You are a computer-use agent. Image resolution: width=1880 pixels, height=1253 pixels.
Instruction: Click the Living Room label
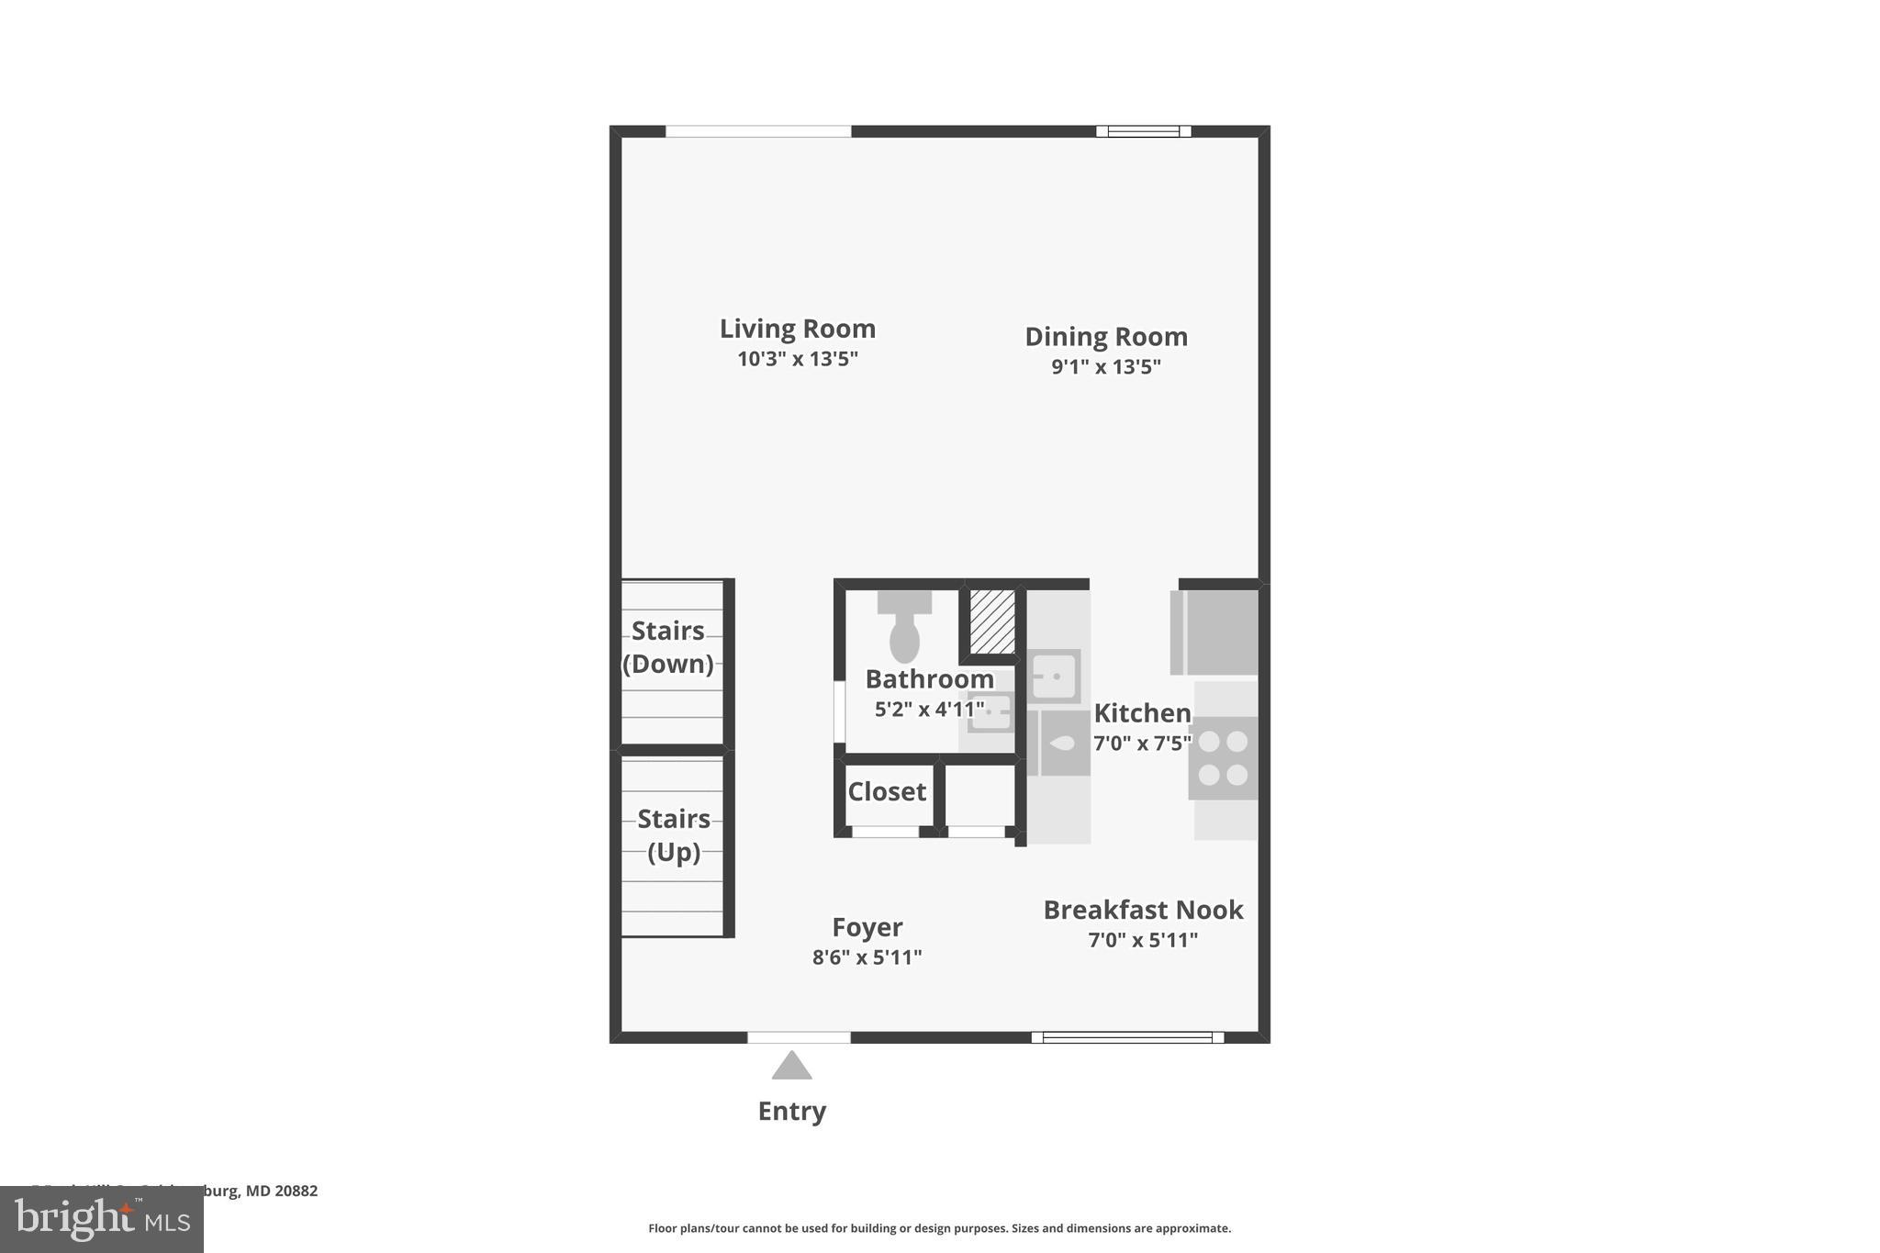797,329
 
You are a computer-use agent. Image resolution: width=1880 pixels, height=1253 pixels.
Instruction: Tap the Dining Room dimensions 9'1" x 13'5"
1106,367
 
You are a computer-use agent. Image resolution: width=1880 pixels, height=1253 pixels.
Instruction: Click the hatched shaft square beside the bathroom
992,621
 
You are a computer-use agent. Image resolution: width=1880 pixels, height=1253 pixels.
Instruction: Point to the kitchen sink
1054,677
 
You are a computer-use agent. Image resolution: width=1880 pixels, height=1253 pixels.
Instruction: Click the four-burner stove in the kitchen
1223,757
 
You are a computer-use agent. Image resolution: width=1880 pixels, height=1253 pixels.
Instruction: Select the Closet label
887,791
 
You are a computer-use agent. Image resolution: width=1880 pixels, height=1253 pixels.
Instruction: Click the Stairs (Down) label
668,647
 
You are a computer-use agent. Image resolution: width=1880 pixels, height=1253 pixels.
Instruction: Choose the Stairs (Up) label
674,835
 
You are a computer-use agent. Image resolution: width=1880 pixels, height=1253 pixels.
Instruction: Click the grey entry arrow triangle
791,1067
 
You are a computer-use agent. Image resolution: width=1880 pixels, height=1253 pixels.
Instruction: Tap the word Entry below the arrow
791,1112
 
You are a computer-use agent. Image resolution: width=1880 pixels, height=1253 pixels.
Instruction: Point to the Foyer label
867,927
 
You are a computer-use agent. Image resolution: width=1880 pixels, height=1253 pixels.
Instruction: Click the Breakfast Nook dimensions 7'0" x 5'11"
1143,940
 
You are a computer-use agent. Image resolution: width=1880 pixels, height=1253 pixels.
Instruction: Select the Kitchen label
1142,713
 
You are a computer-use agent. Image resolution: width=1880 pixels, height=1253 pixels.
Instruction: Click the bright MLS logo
101,1219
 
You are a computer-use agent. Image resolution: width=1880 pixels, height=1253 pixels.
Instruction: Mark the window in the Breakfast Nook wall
1127,1037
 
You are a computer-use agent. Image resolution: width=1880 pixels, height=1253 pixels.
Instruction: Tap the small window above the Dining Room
1144,131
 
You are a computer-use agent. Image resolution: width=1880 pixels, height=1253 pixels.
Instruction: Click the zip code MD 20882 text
281,1191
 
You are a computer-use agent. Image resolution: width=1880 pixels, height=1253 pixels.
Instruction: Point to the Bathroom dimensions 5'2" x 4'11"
929,710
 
